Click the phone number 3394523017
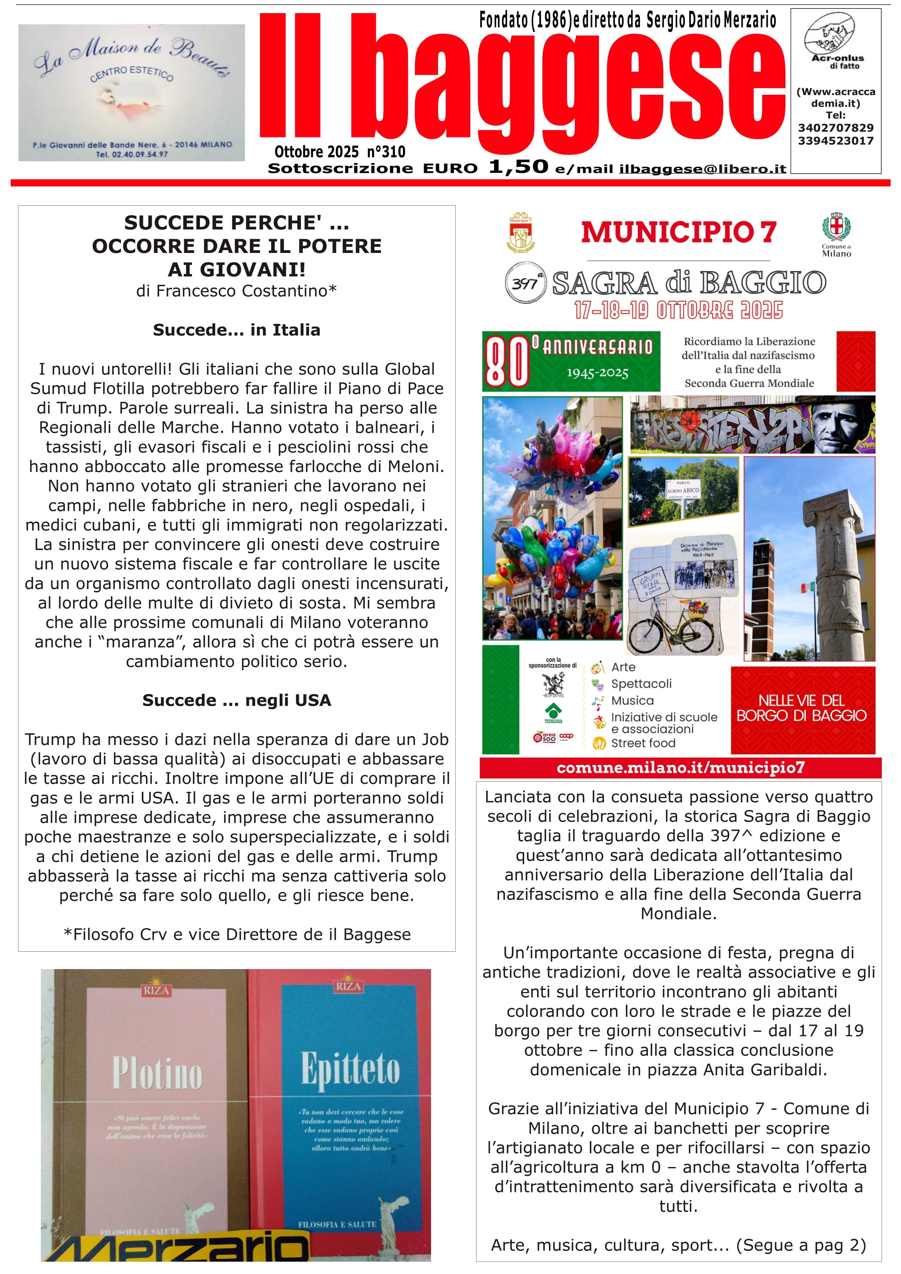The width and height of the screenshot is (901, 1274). pos(836,141)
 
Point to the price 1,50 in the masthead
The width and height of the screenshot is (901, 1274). pos(518,166)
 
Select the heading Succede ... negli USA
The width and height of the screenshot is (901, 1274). pos(237,700)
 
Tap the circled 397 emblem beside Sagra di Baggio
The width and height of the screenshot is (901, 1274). pos(525,283)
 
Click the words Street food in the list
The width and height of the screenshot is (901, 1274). pos(643,743)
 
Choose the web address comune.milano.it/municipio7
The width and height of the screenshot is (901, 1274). pos(680,768)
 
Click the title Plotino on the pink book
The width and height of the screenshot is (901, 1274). pos(157,1073)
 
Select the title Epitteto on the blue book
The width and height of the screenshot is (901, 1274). pos(350,1069)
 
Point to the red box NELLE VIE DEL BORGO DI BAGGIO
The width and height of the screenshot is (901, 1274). pos(802,708)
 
